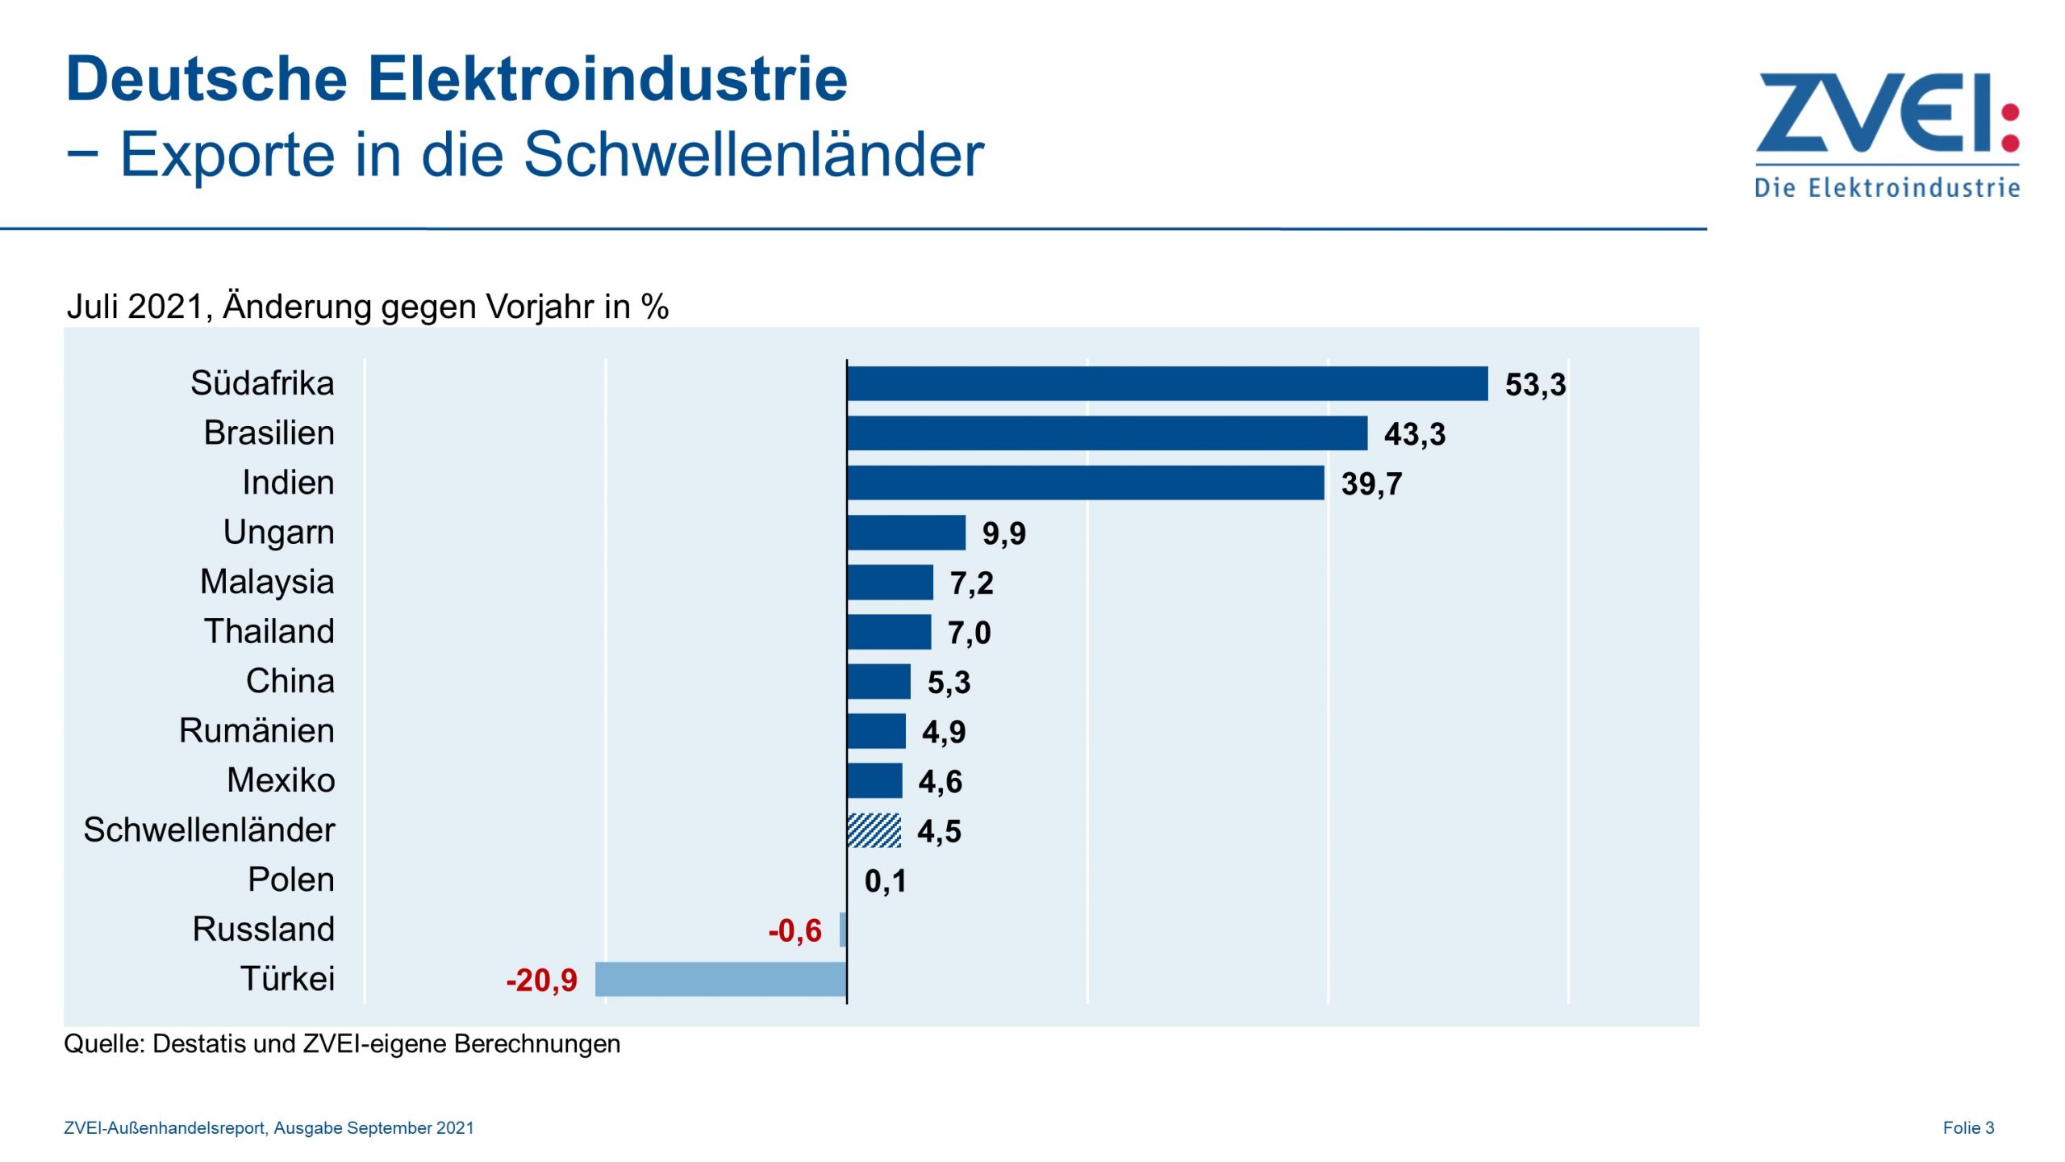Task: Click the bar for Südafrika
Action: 1167,383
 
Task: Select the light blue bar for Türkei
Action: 720,979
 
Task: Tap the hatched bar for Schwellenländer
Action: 874,830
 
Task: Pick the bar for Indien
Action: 1085,483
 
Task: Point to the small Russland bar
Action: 843,930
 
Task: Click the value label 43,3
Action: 1414,434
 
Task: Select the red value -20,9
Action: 541,980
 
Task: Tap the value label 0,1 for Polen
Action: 885,881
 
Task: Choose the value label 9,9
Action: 1003,533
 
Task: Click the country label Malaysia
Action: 267,582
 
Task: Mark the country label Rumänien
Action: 257,730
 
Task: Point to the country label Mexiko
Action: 281,780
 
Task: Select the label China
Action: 290,681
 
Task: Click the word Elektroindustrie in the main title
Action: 607,79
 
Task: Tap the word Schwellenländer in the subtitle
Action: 753,153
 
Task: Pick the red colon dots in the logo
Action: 2011,127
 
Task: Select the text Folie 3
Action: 1967,1128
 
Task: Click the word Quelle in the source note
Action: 104,1044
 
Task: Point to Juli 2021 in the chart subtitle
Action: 135,307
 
